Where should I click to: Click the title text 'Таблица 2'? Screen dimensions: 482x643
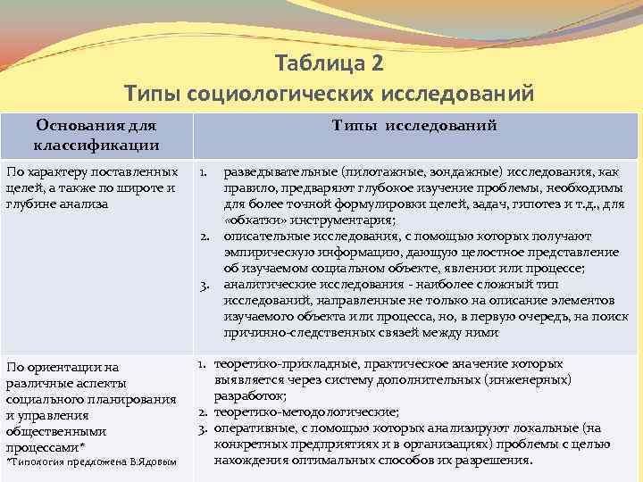[330, 64]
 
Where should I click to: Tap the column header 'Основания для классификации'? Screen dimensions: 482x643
[96, 136]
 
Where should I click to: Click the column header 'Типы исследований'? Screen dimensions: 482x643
[414, 127]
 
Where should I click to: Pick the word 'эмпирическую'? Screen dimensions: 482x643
[267, 252]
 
